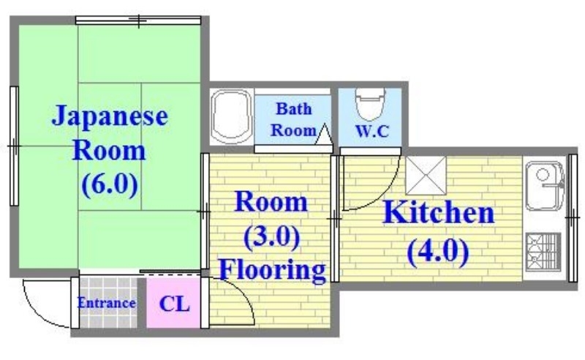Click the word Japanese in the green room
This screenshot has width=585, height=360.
[x=109, y=116]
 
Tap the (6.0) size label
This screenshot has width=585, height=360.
[x=109, y=183]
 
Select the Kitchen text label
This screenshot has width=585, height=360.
[x=439, y=214]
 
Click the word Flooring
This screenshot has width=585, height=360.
[x=273, y=269]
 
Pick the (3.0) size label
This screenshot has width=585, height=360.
[x=271, y=236]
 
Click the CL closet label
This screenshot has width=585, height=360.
[x=175, y=303]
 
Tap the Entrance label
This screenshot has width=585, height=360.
[x=107, y=303]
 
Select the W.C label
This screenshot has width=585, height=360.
[x=373, y=132]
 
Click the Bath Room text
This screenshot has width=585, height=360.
[x=292, y=120]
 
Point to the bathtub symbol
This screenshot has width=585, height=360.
[x=231, y=117]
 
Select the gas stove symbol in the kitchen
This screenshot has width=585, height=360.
[x=543, y=251]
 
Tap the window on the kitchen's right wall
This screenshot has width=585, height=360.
[x=573, y=217]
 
